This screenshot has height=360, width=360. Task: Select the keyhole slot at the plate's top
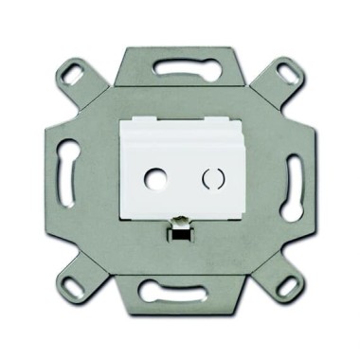click(181, 68)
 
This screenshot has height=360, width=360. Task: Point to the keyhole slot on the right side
click(291, 177)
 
